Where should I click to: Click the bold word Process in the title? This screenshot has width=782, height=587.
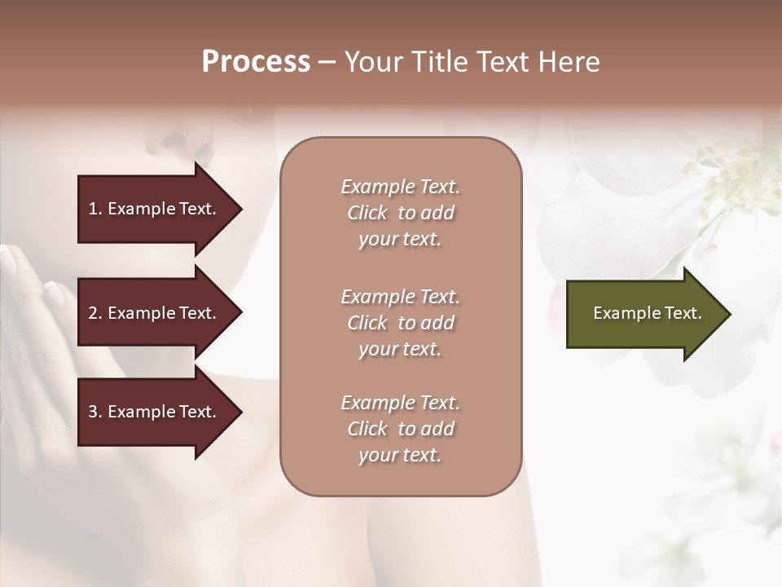[x=256, y=62]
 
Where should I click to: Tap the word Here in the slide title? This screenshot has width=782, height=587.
[x=569, y=62]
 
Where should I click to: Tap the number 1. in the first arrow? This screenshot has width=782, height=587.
[x=94, y=209]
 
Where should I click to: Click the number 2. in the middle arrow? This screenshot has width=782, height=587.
[x=94, y=313]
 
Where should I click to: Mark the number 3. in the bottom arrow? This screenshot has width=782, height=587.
[x=94, y=412]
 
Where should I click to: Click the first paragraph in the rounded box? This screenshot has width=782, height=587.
[x=400, y=213]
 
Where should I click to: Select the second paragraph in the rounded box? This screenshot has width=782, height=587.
[x=400, y=323]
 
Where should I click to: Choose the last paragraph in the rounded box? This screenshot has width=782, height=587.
[x=400, y=429]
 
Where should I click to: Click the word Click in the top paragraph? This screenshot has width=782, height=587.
[x=367, y=213]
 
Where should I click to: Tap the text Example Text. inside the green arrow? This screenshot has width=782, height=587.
[x=647, y=313]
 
